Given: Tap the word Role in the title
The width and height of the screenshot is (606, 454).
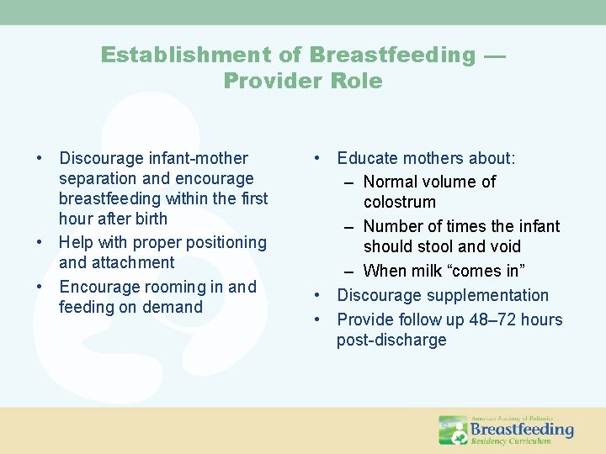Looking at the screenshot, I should [x=358, y=82].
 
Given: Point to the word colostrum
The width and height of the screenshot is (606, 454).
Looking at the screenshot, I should [x=400, y=202].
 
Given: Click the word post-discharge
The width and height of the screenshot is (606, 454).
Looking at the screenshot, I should [x=391, y=340].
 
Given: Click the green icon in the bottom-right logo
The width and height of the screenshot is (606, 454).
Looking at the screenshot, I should [x=453, y=430].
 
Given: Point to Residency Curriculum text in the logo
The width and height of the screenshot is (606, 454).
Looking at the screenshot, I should [x=511, y=441].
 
